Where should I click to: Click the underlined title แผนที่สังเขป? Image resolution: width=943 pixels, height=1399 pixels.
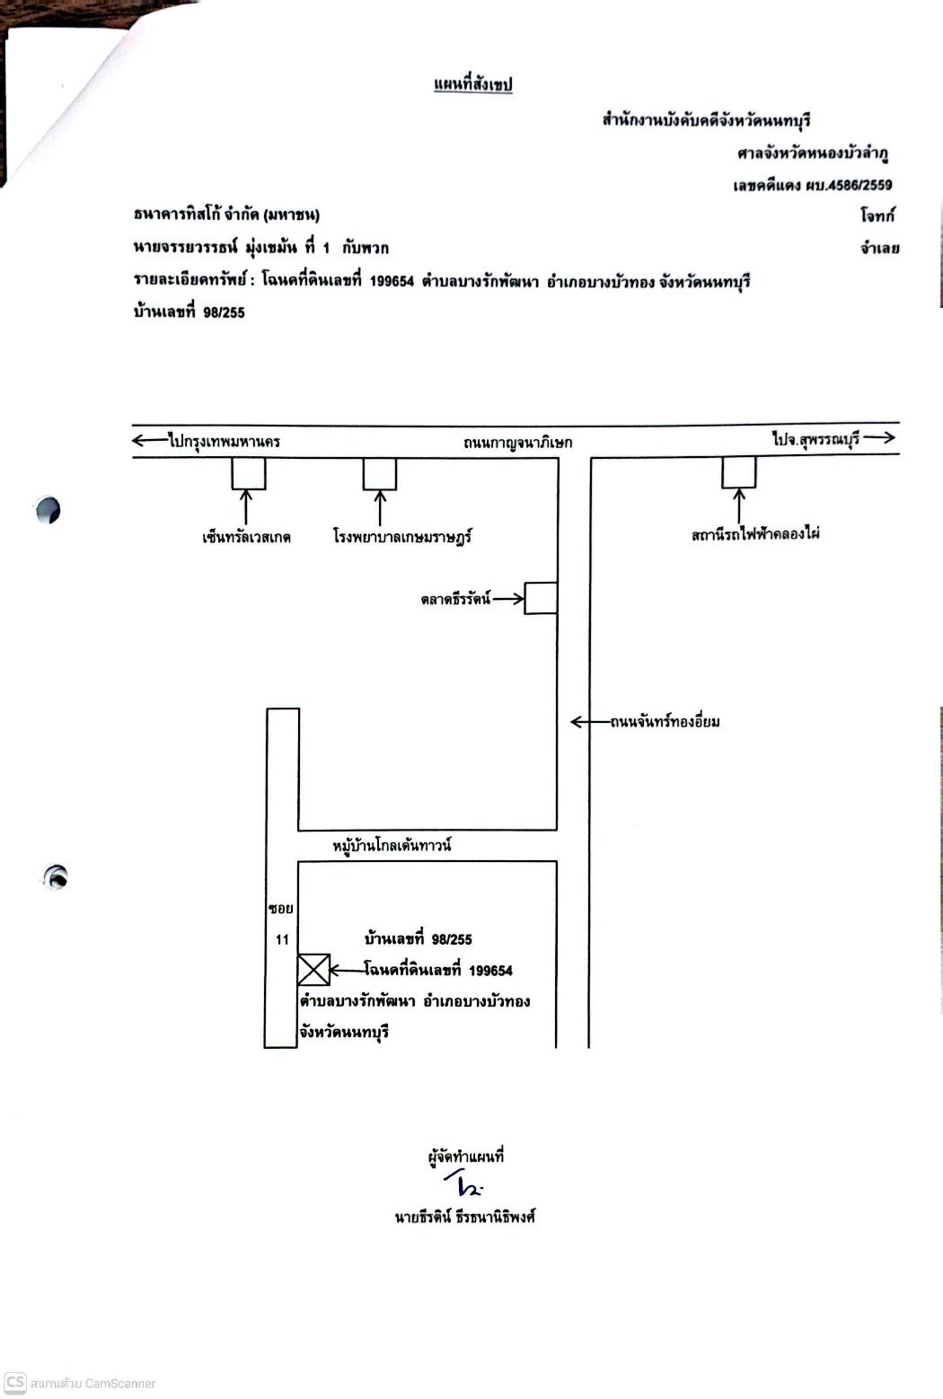[x=473, y=84]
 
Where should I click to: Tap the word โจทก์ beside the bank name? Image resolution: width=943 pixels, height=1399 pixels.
[x=877, y=215]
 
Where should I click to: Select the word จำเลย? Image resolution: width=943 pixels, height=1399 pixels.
[x=880, y=249]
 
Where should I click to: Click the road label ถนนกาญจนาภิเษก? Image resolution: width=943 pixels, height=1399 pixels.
[x=517, y=443]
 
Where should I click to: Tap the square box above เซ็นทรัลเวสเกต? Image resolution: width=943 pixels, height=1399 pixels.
[x=249, y=473]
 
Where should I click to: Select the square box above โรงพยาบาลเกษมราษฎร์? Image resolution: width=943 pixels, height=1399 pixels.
[x=380, y=473]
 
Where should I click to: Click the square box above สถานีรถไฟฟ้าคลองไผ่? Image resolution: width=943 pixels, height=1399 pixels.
[x=739, y=472]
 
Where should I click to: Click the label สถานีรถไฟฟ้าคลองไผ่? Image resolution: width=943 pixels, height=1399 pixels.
[x=755, y=534]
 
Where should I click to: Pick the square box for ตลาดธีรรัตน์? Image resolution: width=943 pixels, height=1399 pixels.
[x=541, y=598]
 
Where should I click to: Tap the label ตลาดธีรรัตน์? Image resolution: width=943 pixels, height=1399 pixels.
[x=456, y=600]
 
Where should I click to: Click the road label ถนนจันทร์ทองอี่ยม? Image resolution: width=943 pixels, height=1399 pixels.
[x=665, y=722]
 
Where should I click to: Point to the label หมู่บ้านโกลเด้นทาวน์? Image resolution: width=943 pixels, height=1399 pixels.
[x=392, y=846]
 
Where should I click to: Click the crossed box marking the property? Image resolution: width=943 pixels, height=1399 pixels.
[x=313, y=970]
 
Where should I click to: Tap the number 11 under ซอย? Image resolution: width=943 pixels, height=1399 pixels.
[x=282, y=940]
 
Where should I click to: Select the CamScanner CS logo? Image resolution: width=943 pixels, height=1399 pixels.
[x=15, y=1382]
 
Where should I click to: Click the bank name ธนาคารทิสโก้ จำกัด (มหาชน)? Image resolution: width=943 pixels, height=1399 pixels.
[x=226, y=215]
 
